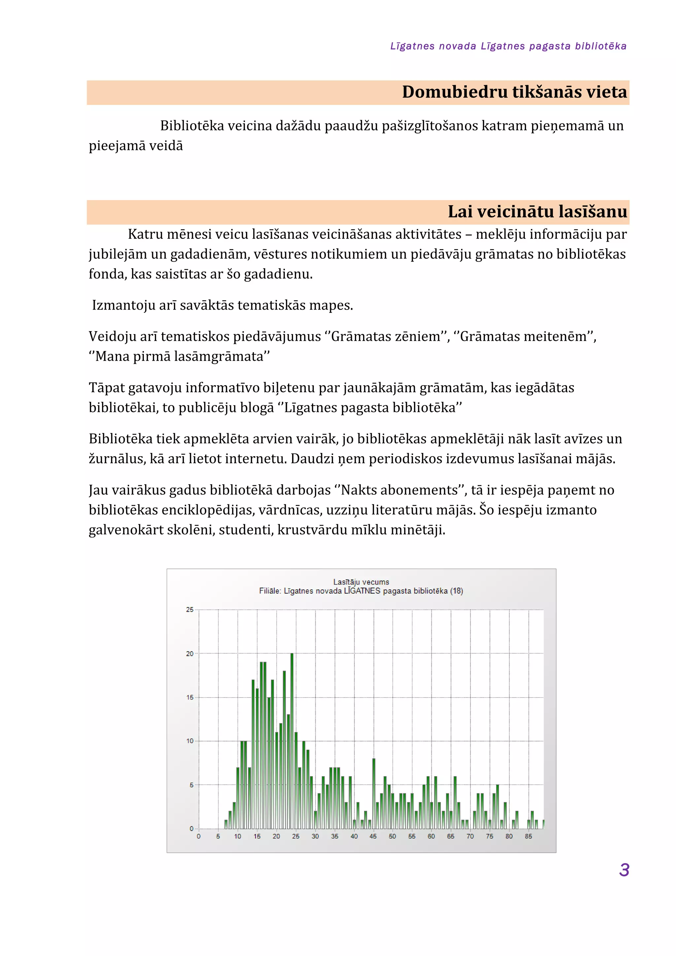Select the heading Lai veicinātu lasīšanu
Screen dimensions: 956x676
(537, 212)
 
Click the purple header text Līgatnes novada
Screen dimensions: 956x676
(433, 46)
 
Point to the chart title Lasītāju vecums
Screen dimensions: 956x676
(361, 582)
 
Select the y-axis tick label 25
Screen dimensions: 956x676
(190, 610)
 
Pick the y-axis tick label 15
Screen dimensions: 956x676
(190, 698)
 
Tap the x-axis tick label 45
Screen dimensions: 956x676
(373, 836)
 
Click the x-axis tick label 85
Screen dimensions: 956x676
(528, 836)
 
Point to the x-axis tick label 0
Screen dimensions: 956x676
(199, 836)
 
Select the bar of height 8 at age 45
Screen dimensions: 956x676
(374, 793)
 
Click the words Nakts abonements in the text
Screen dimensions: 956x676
(399, 490)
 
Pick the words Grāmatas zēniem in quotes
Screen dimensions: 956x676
(386, 336)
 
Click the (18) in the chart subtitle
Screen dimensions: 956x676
(456, 591)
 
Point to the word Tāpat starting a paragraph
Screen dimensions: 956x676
(107, 388)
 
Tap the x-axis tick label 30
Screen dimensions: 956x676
(315, 836)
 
